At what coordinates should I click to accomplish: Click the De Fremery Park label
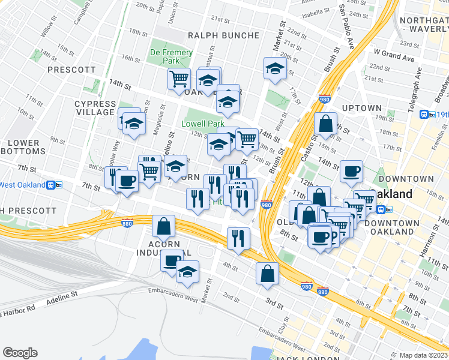pos(171,57)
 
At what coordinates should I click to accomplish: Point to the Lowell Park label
pos(203,124)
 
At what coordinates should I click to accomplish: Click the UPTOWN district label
pos(361,108)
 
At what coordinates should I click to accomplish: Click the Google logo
pos(20,353)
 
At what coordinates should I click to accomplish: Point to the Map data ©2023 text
pos(423,355)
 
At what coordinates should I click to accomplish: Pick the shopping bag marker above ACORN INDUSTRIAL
pos(163,226)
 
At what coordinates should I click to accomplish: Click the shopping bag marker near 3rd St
pos(267,274)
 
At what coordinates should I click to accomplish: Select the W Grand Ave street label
pos(394,59)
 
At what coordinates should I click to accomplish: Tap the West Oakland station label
pos(22,185)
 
